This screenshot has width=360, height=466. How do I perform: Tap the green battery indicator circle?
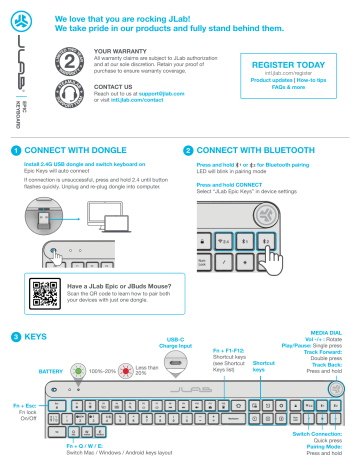pyautogui.click(x=79, y=370)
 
